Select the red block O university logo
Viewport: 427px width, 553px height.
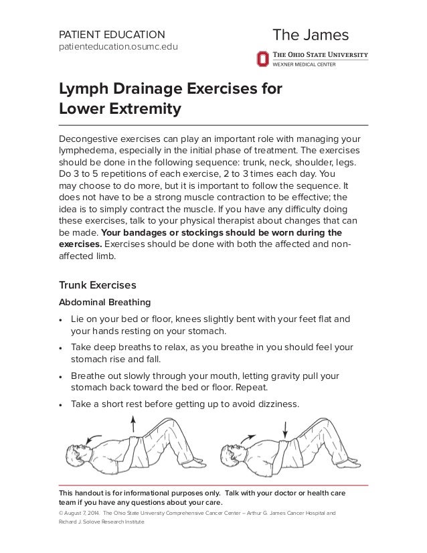(262, 59)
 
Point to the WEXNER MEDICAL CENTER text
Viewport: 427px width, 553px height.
(303, 64)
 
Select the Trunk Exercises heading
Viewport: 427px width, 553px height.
(98, 284)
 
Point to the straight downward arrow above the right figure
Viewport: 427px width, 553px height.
(286, 428)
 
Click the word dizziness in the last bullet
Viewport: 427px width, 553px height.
(270, 404)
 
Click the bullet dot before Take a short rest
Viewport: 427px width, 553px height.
(62, 405)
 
